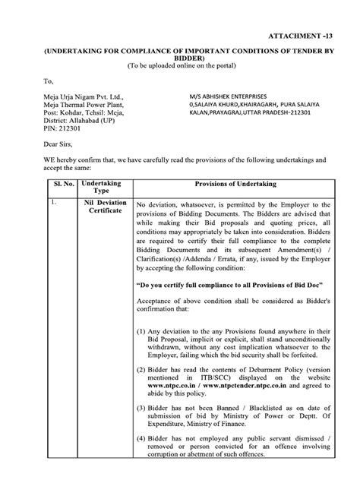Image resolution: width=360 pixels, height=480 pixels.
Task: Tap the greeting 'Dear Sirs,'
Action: pos(61,144)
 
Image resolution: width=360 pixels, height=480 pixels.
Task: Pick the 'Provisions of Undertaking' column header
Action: pos(234,185)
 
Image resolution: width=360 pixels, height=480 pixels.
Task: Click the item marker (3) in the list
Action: pos(142,409)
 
